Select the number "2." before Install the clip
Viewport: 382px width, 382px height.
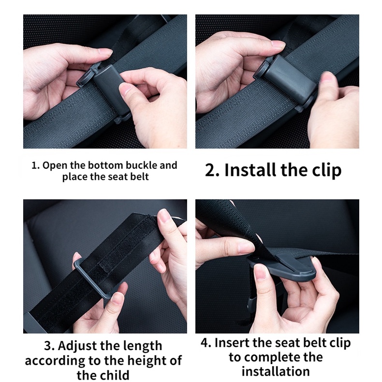click(212, 170)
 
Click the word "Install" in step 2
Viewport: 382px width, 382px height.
click(250, 170)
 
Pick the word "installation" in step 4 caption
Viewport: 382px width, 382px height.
click(276, 371)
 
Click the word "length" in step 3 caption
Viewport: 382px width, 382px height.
click(143, 346)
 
